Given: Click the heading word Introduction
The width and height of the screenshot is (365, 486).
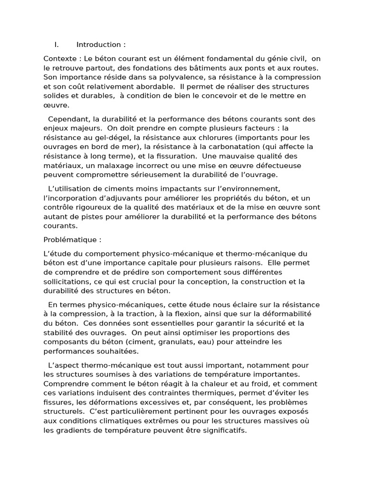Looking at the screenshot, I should click(98, 45).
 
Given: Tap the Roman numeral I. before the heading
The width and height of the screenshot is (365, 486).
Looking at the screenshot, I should click(57, 45).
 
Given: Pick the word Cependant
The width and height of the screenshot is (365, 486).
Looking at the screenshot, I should click(67, 119).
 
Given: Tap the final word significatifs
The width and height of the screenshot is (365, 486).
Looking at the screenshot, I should click(224, 430).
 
